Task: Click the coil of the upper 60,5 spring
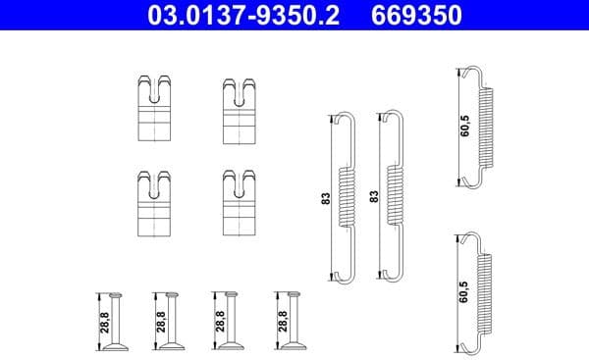(x=484, y=125)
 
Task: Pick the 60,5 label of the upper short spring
(x=462, y=126)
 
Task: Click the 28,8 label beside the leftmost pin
(x=103, y=322)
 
